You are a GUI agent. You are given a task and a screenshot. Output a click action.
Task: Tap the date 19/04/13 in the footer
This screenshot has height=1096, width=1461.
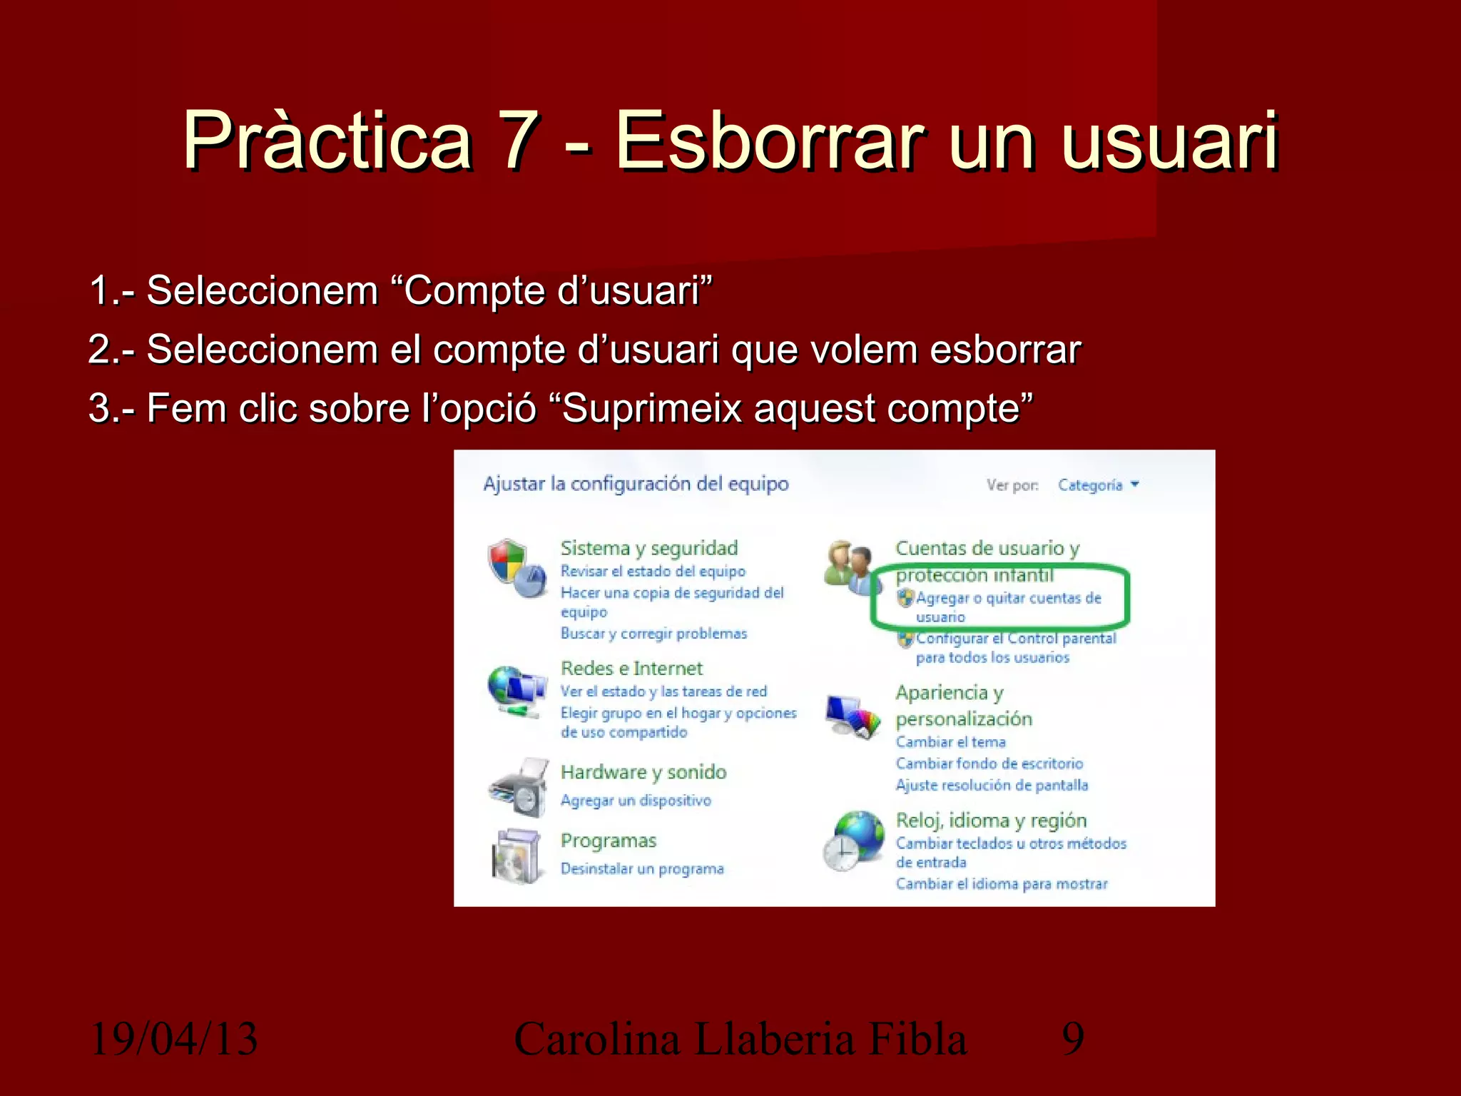click(174, 1038)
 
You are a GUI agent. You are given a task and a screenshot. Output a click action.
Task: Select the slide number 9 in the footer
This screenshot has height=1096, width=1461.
click(1073, 1038)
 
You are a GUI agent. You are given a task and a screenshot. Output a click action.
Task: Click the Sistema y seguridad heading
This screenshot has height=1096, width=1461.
click(648, 548)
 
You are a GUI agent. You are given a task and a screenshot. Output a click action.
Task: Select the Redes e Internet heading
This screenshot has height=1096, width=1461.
click(631, 668)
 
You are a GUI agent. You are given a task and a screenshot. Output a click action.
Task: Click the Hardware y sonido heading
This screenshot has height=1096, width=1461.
click(643, 772)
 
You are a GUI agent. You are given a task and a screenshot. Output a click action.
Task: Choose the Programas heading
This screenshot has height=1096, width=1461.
click(608, 841)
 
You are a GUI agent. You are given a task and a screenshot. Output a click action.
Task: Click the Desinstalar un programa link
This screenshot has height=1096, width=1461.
click(641, 869)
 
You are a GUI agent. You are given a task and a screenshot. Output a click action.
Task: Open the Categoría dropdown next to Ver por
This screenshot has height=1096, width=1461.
click(1098, 485)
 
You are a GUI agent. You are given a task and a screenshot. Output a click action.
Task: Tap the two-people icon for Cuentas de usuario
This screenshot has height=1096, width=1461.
click(848, 568)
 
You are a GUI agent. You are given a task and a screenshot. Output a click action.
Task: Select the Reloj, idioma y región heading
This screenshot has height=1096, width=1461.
click(991, 821)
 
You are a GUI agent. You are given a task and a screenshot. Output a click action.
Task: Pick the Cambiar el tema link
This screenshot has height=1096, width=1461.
click(950, 742)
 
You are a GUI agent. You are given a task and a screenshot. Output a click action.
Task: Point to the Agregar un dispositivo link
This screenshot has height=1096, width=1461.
click(636, 801)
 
